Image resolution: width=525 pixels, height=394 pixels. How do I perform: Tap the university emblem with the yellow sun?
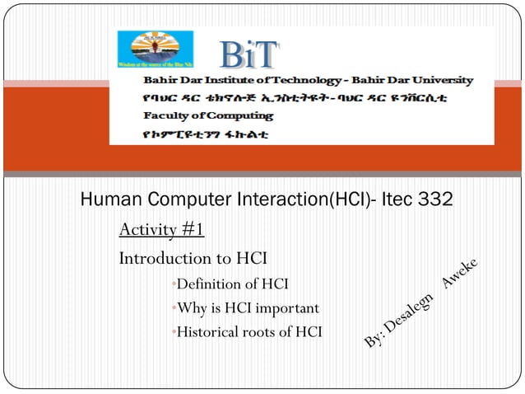click(151, 51)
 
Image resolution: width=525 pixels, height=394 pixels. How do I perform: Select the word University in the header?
click(441, 81)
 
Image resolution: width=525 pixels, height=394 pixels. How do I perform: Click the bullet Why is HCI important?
click(248, 309)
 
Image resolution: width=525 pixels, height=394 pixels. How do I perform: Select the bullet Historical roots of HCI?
click(249, 332)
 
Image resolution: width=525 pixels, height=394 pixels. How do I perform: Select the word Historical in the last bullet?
click(208, 332)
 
